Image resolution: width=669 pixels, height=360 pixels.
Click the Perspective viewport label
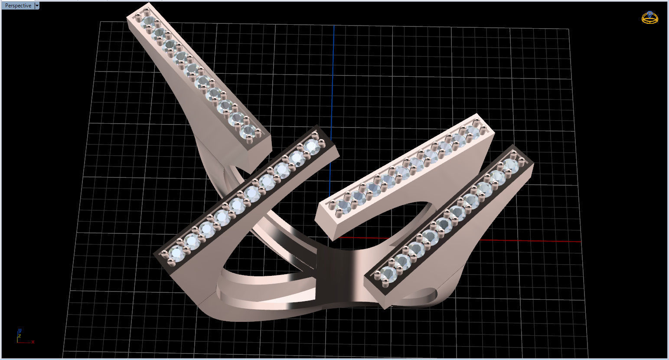point(18,6)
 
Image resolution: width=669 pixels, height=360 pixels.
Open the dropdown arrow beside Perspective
point(37,6)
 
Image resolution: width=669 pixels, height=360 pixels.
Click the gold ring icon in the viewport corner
point(649,17)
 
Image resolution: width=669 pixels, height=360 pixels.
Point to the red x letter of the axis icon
point(33,342)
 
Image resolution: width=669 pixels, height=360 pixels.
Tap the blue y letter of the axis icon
point(20,331)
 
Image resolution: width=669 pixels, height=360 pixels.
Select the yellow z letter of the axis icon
point(20,336)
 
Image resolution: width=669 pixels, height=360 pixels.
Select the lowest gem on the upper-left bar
point(248,130)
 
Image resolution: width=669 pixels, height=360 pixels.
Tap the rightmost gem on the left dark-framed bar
point(311,146)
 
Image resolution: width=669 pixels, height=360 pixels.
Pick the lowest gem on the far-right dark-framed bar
point(389,273)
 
